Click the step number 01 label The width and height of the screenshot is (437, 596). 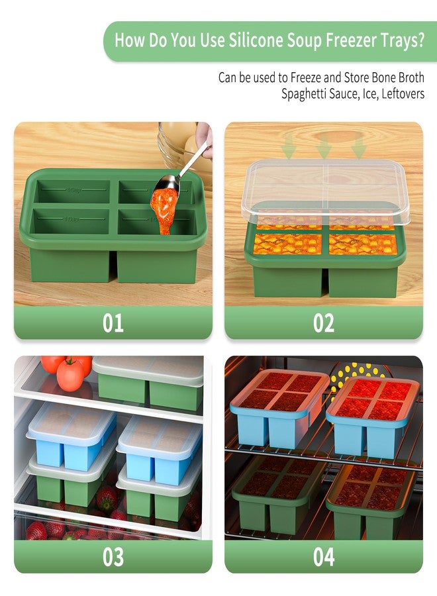(x=113, y=323)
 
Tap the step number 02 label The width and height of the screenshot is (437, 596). (x=324, y=323)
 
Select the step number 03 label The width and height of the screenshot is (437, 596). (x=113, y=557)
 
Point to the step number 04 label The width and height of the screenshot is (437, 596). (x=324, y=557)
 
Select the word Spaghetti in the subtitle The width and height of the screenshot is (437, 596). (x=301, y=94)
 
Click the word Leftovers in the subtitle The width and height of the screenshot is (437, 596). (x=403, y=93)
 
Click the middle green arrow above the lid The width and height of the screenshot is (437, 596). (x=323, y=146)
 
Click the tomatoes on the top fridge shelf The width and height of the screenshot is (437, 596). (x=68, y=371)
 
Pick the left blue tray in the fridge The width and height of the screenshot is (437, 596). (x=72, y=436)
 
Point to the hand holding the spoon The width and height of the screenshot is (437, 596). (x=205, y=140)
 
